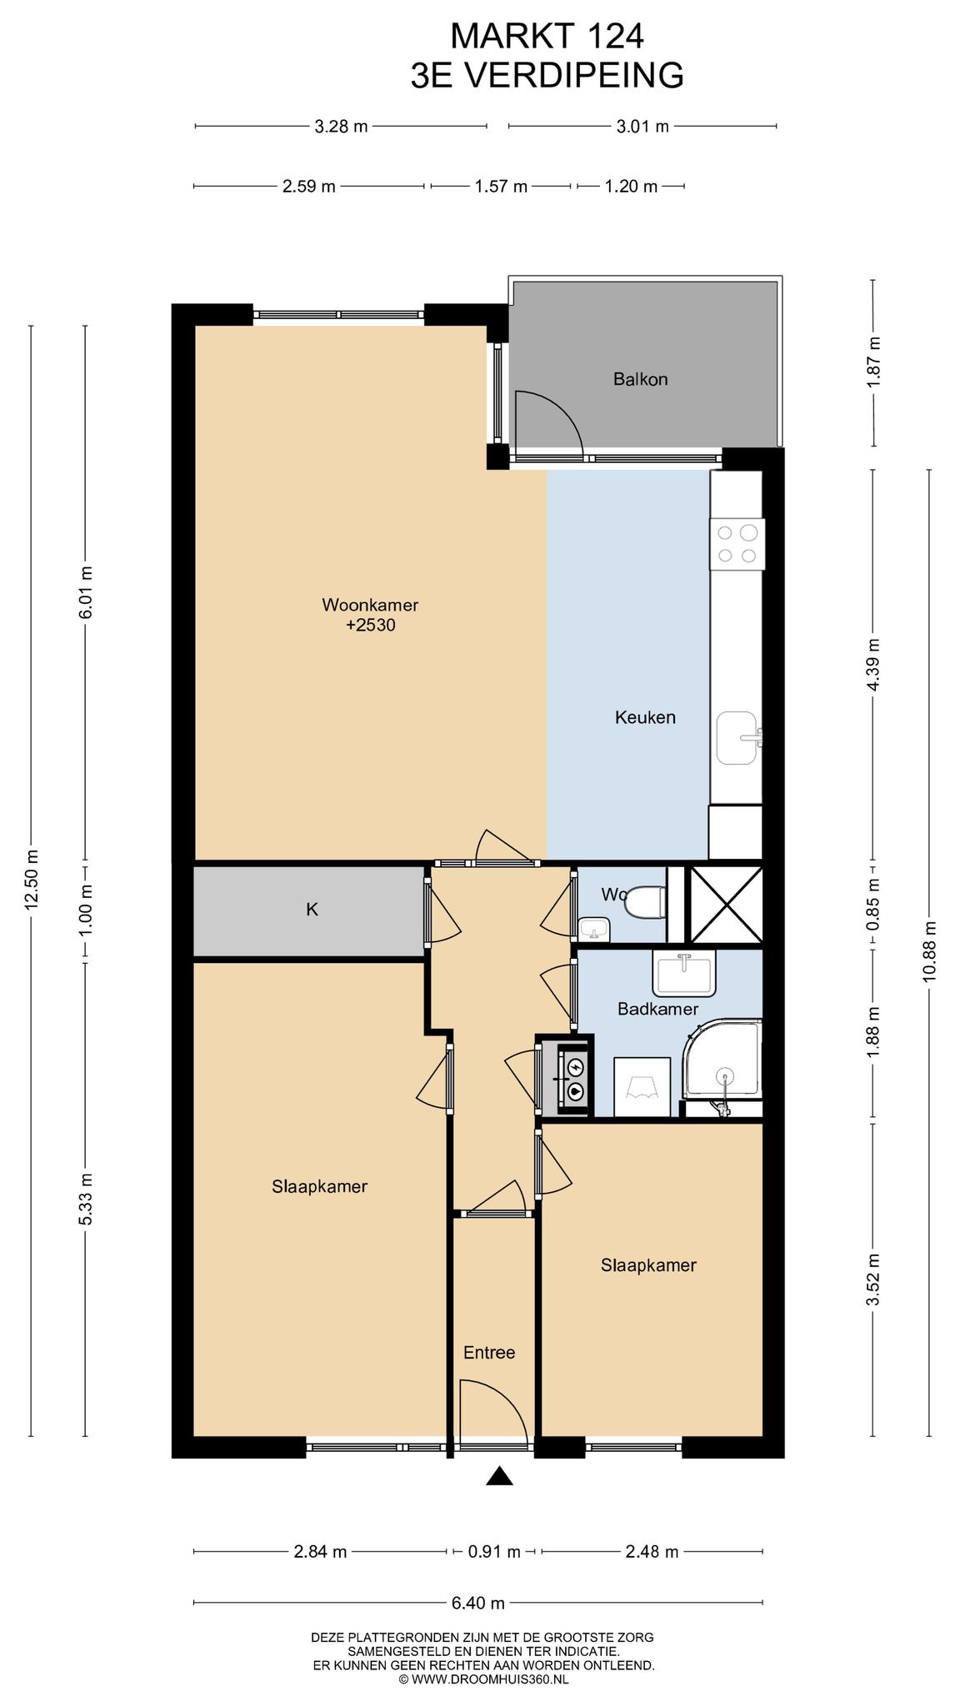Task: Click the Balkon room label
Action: (640, 380)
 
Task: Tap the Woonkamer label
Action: (370, 605)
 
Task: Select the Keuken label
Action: (645, 717)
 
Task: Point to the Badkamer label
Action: (657, 1010)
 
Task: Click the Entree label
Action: (489, 1353)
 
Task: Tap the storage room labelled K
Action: (312, 910)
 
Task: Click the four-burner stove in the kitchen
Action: (737, 544)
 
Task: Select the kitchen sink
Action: (739, 737)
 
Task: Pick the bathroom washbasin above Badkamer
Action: (684, 974)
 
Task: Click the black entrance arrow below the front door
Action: (499, 1477)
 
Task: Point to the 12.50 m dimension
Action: (32, 880)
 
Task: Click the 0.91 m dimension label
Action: (493, 1552)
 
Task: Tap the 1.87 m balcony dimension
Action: (873, 362)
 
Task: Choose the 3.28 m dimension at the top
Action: (341, 127)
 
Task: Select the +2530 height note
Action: (371, 625)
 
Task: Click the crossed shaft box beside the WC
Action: (727, 905)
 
